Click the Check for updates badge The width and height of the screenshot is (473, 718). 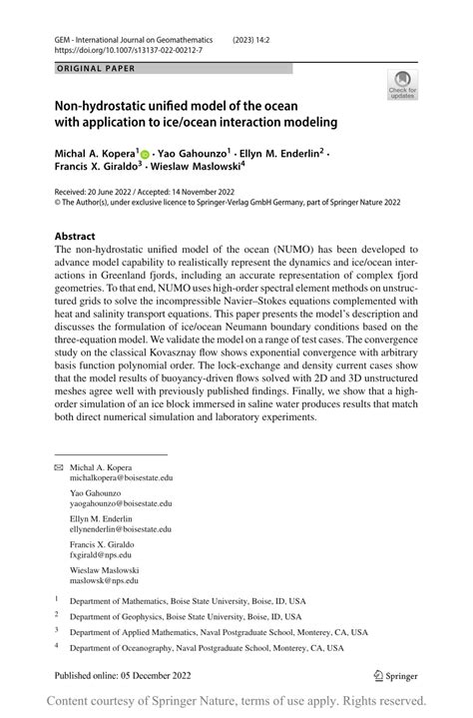(x=402, y=85)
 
